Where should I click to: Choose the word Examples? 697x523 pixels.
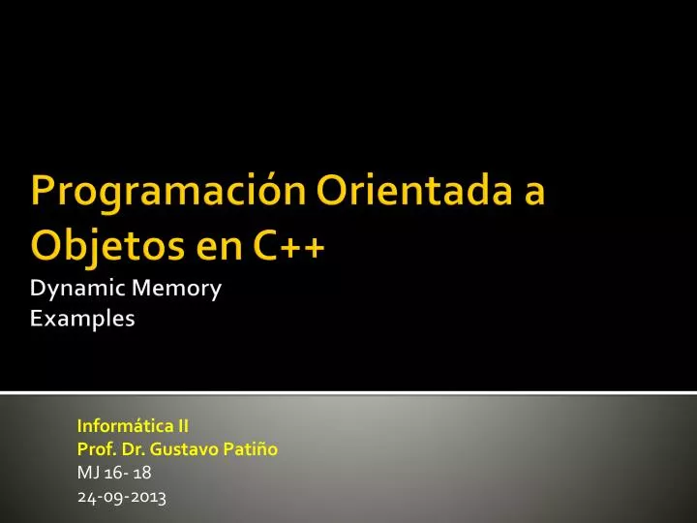pos(82,318)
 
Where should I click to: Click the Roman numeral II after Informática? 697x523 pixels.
pos(181,425)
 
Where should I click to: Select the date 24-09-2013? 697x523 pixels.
pos(121,498)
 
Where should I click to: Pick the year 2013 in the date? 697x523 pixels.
pos(148,498)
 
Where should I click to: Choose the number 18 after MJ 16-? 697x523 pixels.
pos(142,474)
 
